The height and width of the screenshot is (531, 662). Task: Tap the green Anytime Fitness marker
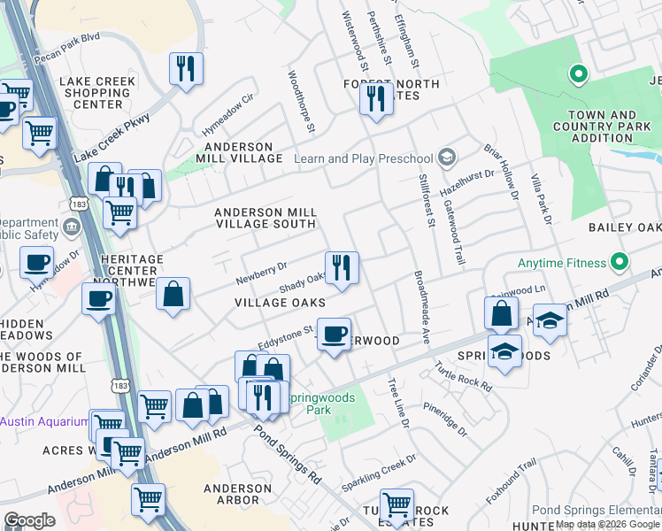pos(619,262)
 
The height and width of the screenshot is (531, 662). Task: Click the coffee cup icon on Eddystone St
pos(334,335)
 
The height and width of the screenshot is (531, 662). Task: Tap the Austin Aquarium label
pos(44,421)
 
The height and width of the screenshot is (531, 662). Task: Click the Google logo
pos(29,520)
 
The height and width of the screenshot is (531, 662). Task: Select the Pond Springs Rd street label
pos(289,457)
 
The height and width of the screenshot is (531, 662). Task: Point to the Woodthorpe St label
pos(300,103)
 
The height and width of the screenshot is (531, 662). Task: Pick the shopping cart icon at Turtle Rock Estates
pos(396,504)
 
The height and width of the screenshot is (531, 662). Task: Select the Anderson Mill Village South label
pos(266,218)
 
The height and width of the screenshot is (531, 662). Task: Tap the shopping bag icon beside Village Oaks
pos(173,294)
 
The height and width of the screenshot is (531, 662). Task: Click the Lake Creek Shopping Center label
pos(97,93)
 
